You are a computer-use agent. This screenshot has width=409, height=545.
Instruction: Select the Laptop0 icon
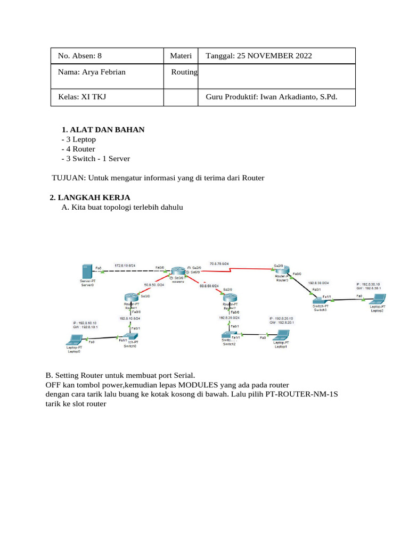coord(74,340)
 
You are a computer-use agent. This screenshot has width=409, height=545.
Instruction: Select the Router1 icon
coord(130,299)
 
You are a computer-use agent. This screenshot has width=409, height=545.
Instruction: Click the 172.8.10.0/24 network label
coord(125,265)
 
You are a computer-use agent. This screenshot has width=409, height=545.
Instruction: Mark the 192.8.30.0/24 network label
coord(318,283)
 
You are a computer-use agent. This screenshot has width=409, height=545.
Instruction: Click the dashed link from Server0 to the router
coord(130,271)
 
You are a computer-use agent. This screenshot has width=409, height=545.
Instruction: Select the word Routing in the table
coord(184,72)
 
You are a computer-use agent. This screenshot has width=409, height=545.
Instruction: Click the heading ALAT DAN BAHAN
coord(107,129)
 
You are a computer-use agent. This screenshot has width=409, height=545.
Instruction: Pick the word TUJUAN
coord(67,178)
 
